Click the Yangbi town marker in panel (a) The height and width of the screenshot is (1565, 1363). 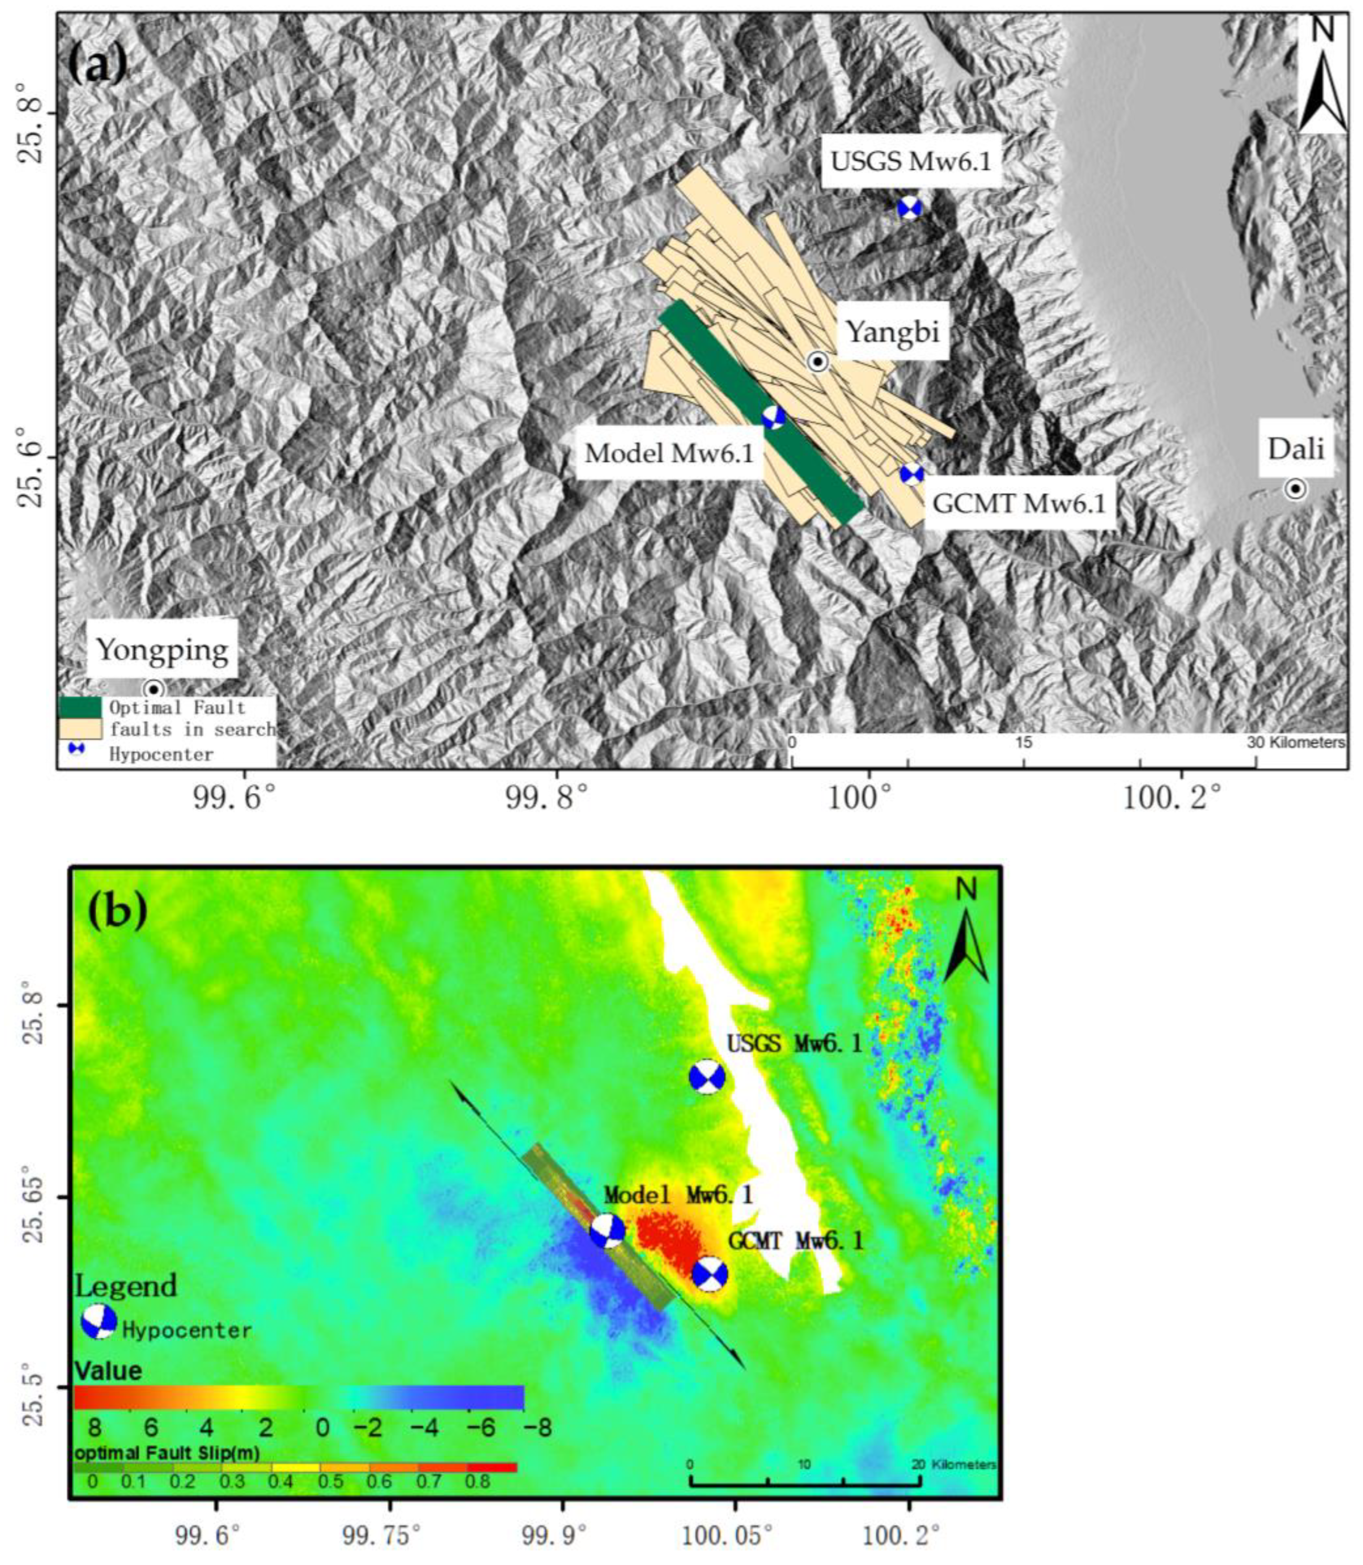click(x=817, y=362)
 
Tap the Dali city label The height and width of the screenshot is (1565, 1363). click(x=1296, y=449)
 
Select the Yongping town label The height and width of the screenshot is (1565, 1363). click(x=162, y=650)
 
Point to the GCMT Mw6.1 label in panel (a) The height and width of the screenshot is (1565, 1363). click(x=1018, y=504)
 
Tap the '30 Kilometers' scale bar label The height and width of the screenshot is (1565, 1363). click(x=1295, y=742)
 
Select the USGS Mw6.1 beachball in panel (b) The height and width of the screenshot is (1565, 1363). click(x=706, y=1076)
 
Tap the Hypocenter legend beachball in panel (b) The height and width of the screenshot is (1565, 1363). click(x=99, y=1322)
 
